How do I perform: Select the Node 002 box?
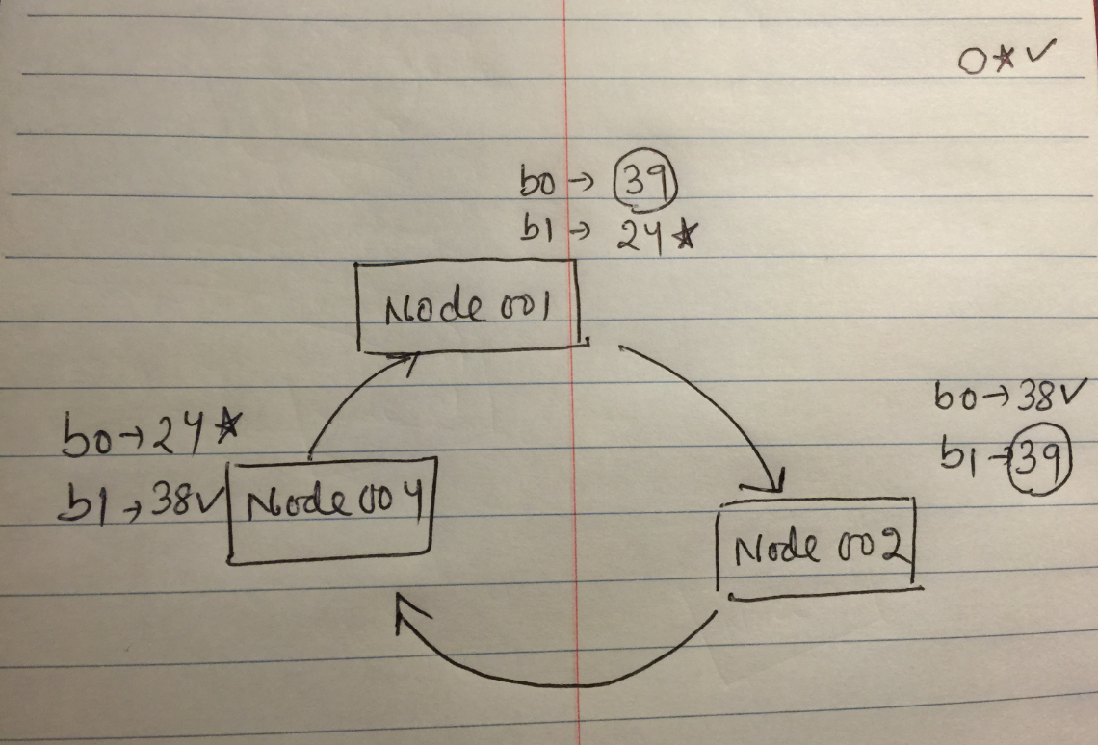817,548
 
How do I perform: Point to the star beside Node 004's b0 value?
225,430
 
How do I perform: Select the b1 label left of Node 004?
81,503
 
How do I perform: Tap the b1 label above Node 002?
959,461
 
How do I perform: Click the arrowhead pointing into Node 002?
776,478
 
